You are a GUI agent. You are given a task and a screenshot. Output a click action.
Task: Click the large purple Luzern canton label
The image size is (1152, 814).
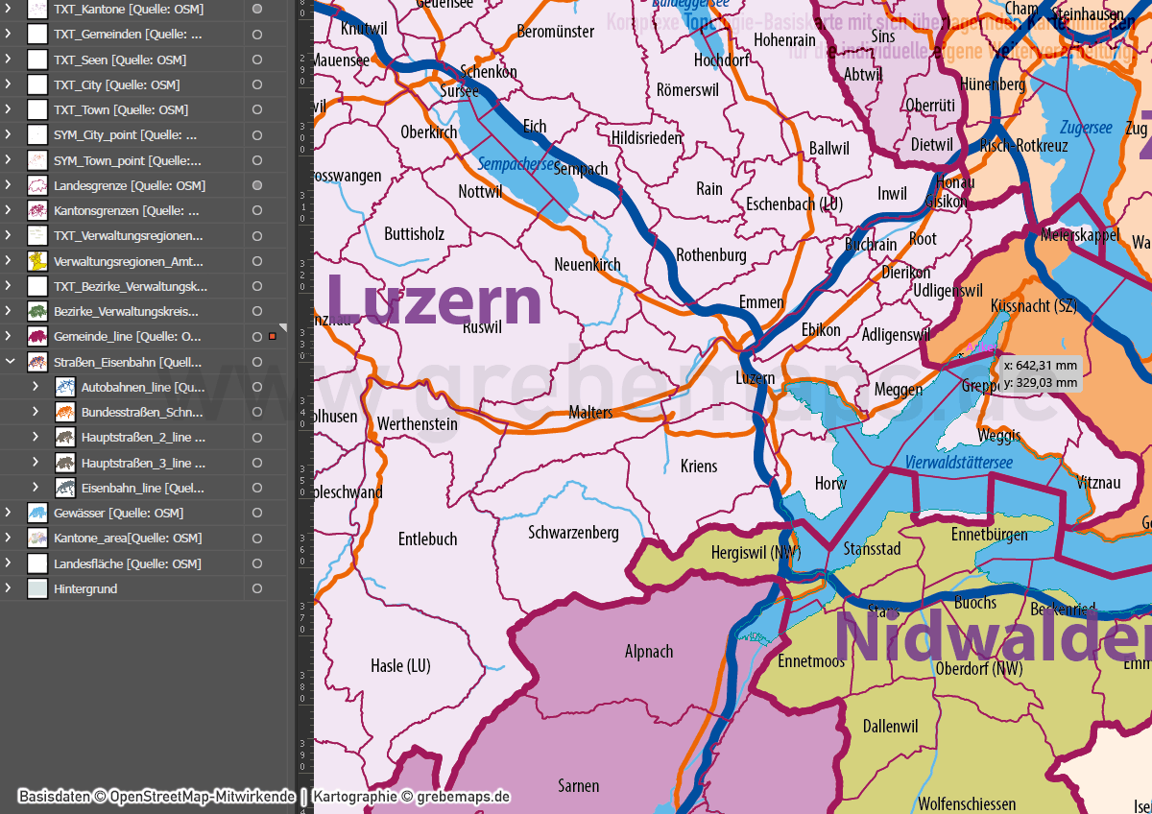coord(434,300)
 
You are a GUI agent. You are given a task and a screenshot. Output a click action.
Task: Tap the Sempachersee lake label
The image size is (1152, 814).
coord(516,164)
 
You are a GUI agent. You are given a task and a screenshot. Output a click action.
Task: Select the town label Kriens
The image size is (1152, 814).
coord(698,466)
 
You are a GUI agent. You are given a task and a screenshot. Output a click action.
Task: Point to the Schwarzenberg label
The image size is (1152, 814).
coord(573,532)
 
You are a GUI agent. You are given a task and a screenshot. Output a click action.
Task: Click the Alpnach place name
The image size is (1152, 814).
coord(649,652)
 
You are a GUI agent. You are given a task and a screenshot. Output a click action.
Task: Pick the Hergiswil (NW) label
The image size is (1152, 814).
coord(756,553)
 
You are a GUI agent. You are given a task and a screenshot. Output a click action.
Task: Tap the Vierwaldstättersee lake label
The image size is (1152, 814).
coord(958,464)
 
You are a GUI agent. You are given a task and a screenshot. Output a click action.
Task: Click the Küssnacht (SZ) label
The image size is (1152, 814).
coord(1033,305)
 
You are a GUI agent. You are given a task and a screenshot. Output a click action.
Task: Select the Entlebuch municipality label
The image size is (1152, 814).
coord(427,539)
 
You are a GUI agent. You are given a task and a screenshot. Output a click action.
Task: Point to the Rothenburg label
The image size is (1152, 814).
coord(710,254)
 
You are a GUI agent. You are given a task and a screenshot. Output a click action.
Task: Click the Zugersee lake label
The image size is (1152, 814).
coord(1086,128)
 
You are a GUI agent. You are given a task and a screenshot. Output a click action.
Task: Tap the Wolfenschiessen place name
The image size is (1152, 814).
coord(967,803)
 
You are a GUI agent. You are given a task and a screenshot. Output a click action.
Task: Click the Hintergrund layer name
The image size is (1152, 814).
coord(85,588)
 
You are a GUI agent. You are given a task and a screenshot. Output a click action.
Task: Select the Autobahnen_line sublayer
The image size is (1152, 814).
coord(142,387)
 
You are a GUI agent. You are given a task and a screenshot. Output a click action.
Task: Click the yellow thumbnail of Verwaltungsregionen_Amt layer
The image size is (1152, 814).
coord(37,261)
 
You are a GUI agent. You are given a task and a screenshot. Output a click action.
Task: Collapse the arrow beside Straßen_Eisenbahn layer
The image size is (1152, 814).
coord(10,362)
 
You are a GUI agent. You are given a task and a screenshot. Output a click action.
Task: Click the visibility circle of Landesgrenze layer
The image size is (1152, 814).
coord(256,185)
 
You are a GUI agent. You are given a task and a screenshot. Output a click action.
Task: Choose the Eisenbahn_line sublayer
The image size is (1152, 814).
coord(142,488)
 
